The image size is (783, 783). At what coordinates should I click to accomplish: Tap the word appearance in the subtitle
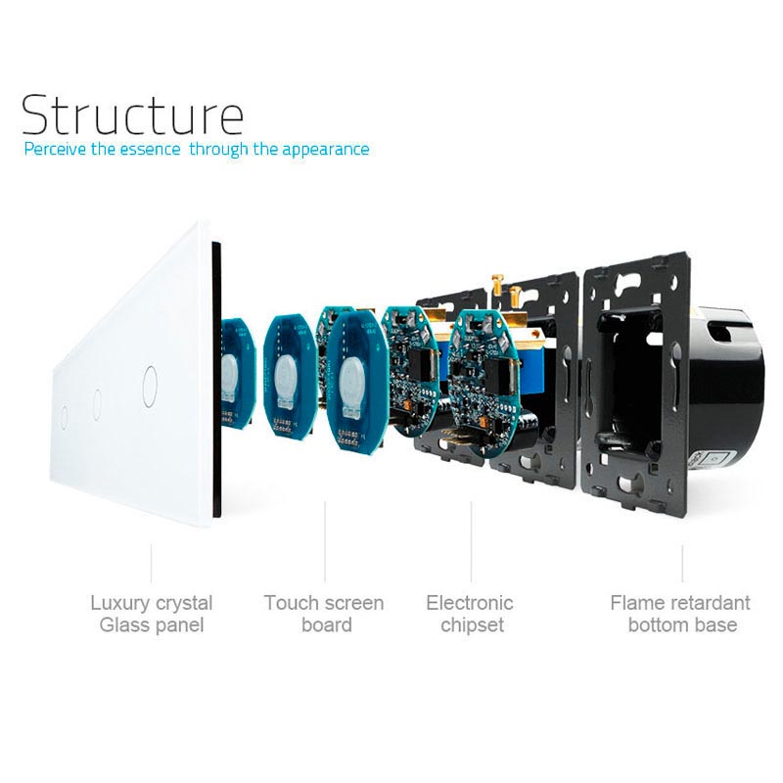coord(325,150)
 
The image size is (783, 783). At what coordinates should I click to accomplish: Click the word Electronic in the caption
coord(470,603)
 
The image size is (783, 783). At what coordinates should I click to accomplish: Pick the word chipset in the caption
coord(472,625)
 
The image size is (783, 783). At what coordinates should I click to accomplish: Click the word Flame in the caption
coord(636,603)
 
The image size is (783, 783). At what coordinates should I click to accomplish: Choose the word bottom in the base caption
coord(659,625)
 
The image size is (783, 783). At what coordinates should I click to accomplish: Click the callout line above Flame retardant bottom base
coord(682,563)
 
